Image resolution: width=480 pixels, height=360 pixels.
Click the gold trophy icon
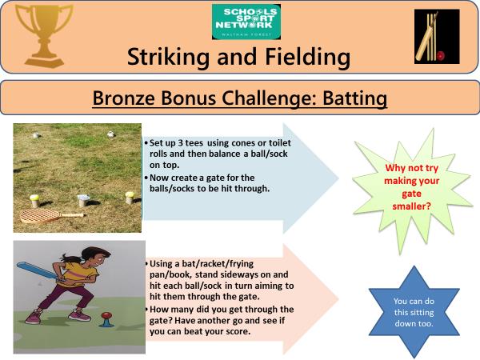click(44, 35)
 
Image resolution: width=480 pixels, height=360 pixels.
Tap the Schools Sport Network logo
click(246, 22)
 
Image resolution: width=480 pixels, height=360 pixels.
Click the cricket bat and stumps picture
click(437, 37)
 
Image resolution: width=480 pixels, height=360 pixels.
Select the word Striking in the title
click(170, 57)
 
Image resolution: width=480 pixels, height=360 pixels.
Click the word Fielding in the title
click(307, 57)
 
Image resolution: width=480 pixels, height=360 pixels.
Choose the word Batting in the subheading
click(354, 98)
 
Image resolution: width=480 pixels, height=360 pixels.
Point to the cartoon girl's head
click(95, 258)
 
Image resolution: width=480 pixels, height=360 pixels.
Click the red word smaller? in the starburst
click(412, 206)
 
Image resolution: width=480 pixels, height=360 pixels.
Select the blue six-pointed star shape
click(414, 312)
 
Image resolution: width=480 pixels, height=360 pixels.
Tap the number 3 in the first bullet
click(180, 143)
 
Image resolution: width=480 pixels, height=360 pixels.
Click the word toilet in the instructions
click(280, 143)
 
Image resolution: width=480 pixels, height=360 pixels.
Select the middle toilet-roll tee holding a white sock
click(83, 200)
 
